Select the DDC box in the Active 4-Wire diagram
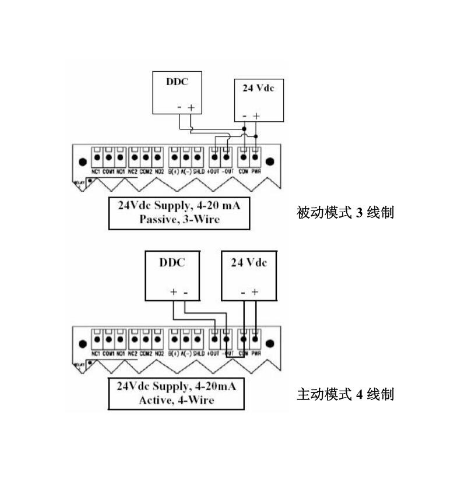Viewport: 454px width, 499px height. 172,275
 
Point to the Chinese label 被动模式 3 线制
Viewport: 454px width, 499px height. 346,213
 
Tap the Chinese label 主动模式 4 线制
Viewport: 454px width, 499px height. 346,395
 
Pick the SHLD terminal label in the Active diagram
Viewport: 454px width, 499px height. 198,354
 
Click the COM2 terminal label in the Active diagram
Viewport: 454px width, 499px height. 146,354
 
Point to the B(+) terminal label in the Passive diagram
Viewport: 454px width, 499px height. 174,172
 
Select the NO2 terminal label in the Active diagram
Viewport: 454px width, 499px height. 158,354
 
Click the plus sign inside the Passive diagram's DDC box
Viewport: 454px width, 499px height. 191,108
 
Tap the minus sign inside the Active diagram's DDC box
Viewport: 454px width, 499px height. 185,292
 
